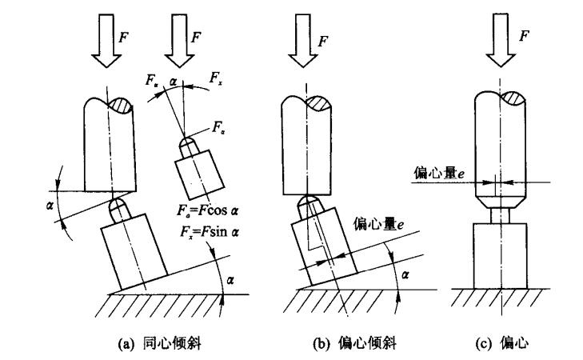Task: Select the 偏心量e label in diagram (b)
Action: tap(373, 225)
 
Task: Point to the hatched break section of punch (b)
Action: tap(316, 102)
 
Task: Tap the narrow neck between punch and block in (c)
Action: tap(497, 214)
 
